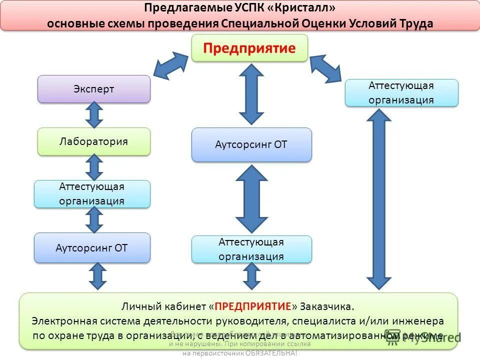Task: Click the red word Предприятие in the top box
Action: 249,48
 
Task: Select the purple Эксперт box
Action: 94,89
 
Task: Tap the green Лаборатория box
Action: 94,141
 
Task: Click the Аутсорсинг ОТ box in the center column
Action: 251,144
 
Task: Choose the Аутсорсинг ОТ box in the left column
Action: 92,247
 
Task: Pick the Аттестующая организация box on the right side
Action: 401,92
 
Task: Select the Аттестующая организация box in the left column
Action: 92,194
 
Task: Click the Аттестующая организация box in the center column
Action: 251,249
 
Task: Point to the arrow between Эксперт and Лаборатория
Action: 94,115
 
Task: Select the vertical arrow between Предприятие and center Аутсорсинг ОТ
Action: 251,94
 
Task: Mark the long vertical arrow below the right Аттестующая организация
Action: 379,199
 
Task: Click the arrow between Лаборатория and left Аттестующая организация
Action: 94,167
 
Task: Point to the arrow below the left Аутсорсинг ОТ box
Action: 98,276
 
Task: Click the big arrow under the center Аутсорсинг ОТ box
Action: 251,198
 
